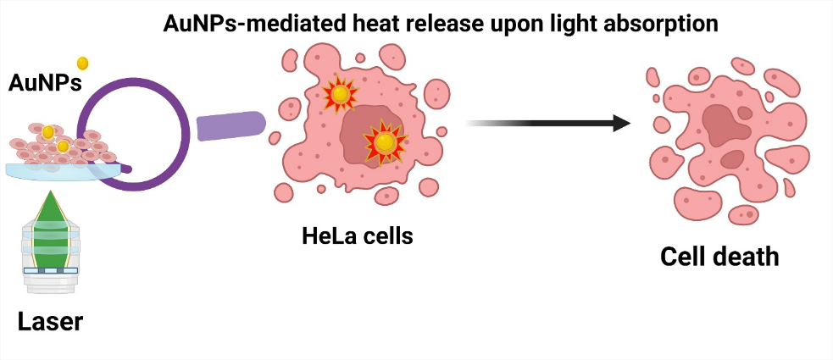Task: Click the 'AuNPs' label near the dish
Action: (x=45, y=82)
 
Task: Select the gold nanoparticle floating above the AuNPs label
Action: (x=83, y=63)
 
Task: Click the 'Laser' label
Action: (x=51, y=323)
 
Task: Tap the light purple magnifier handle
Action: (x=231, y=126)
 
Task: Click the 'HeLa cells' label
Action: (x=358, y=235)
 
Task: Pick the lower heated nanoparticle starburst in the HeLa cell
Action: (x=386, y=142)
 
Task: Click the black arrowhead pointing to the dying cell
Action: (x=621, y=123)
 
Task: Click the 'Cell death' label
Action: (x=719, y=256)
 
